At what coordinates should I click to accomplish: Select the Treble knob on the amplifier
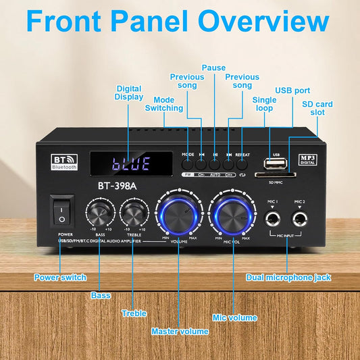(x=135, y=215)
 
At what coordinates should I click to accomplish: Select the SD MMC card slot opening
(x=277, y=176)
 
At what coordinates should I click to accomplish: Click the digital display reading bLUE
(x=131, y=164)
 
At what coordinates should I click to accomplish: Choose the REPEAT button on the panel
(x=242, y=163)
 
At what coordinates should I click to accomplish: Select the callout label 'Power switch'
(x=59, y=277)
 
